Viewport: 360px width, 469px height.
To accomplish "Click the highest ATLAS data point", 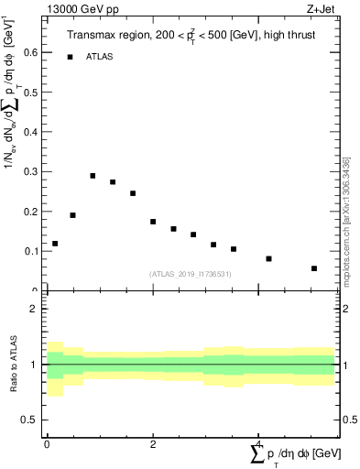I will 93,176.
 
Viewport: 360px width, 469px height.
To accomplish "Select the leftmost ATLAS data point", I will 55,244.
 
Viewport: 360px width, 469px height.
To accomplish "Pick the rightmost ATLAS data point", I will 314,268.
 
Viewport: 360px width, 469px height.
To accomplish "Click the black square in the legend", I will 70,57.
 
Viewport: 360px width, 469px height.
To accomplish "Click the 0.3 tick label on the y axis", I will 34,172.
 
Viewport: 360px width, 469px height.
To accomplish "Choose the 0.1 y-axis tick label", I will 34,251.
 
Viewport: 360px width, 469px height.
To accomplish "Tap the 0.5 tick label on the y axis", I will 34,93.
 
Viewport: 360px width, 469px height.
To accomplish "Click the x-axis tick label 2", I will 153,444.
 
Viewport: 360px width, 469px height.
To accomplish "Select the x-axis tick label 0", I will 47,444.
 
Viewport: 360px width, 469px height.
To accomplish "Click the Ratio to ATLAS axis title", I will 14,364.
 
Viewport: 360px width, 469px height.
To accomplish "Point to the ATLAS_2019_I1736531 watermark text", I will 191,274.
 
